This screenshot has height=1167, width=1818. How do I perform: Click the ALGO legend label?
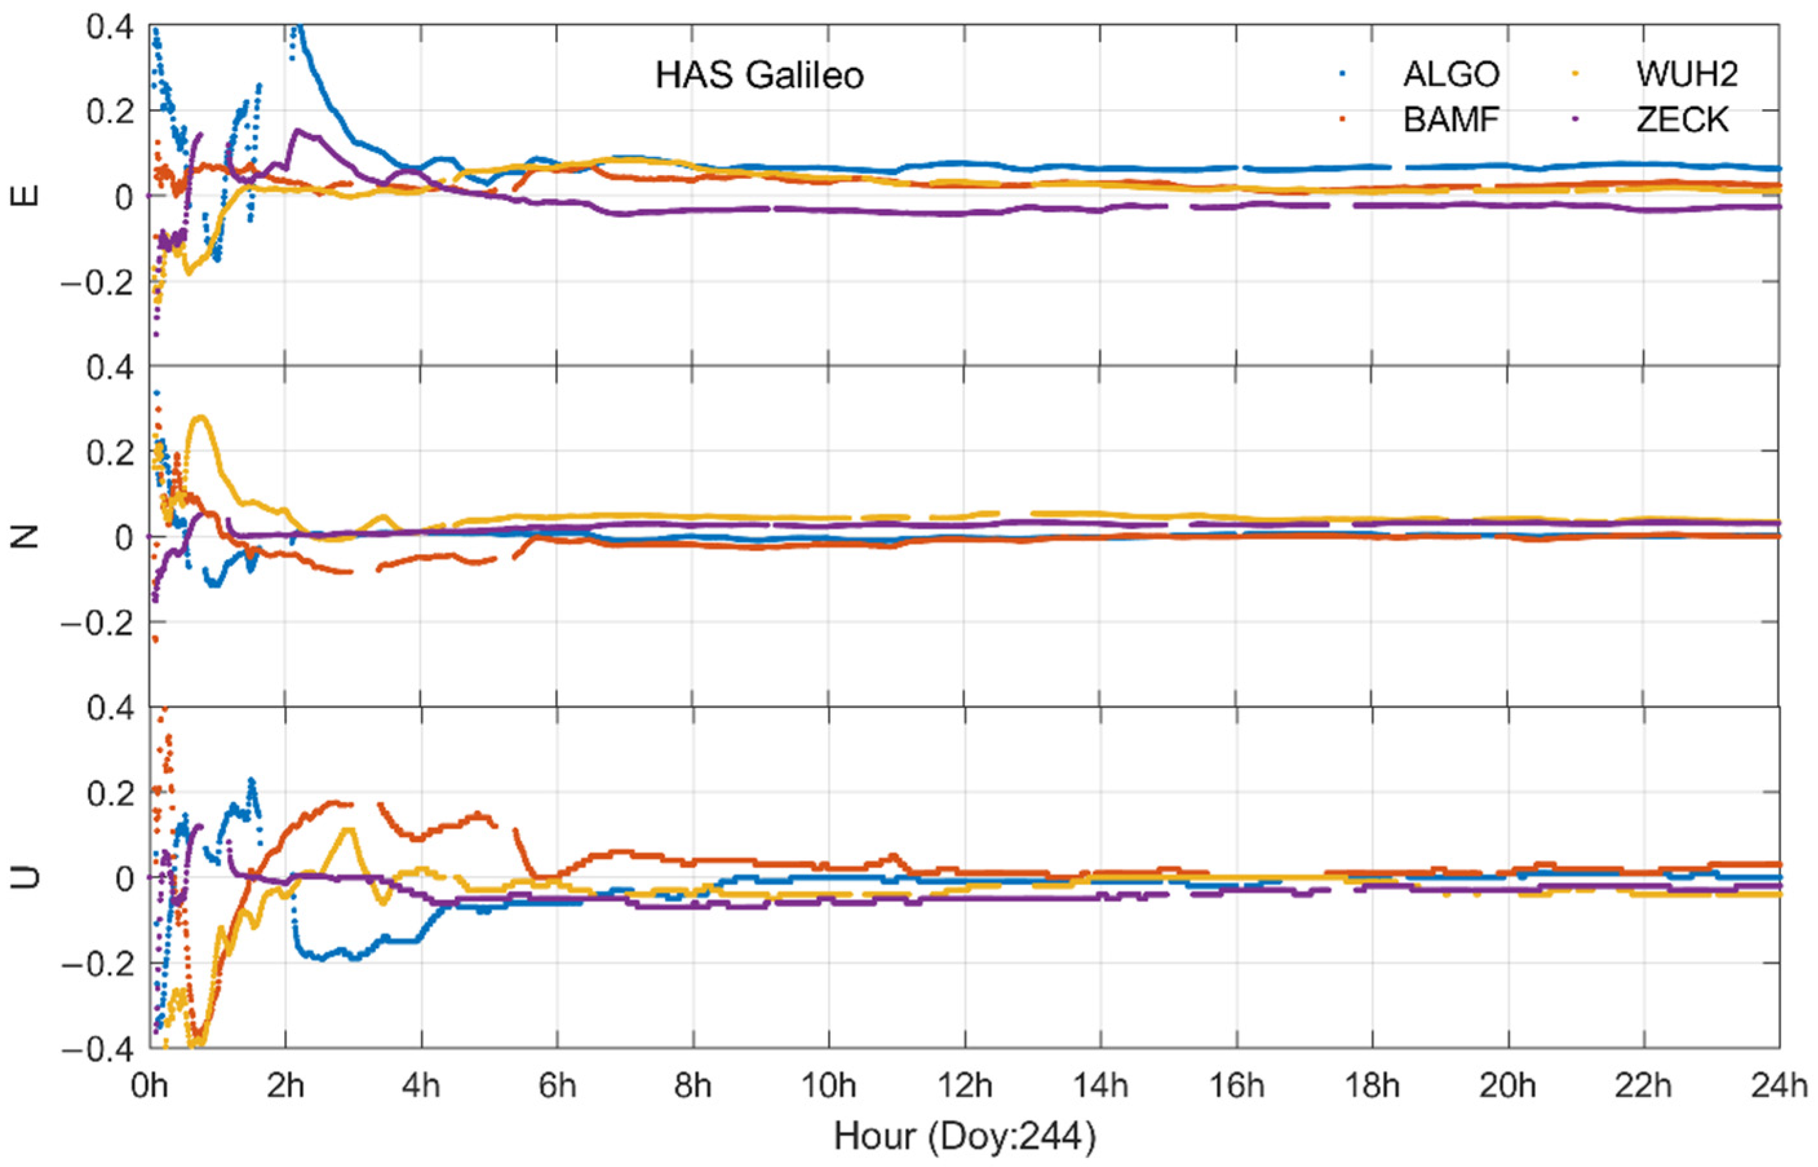(x=1451, y=74)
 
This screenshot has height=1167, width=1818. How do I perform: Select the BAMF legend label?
(x=1451, y=119)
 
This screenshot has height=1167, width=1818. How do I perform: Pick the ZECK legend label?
(x=1682, y=119)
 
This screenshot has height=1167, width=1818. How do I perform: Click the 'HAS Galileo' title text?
(x=759, y=76)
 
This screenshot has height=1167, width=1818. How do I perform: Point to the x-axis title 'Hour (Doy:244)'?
(x=965, y=1137)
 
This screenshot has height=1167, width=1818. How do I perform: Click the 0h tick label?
(x=149, y=1086)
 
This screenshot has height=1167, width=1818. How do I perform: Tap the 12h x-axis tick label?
(x=965, y=1086)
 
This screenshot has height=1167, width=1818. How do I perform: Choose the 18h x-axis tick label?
(x=1372, y=1086)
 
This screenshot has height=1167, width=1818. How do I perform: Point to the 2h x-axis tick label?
(x=285, y=1086)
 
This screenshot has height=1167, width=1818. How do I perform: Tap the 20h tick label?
(x=1508, y=1086)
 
